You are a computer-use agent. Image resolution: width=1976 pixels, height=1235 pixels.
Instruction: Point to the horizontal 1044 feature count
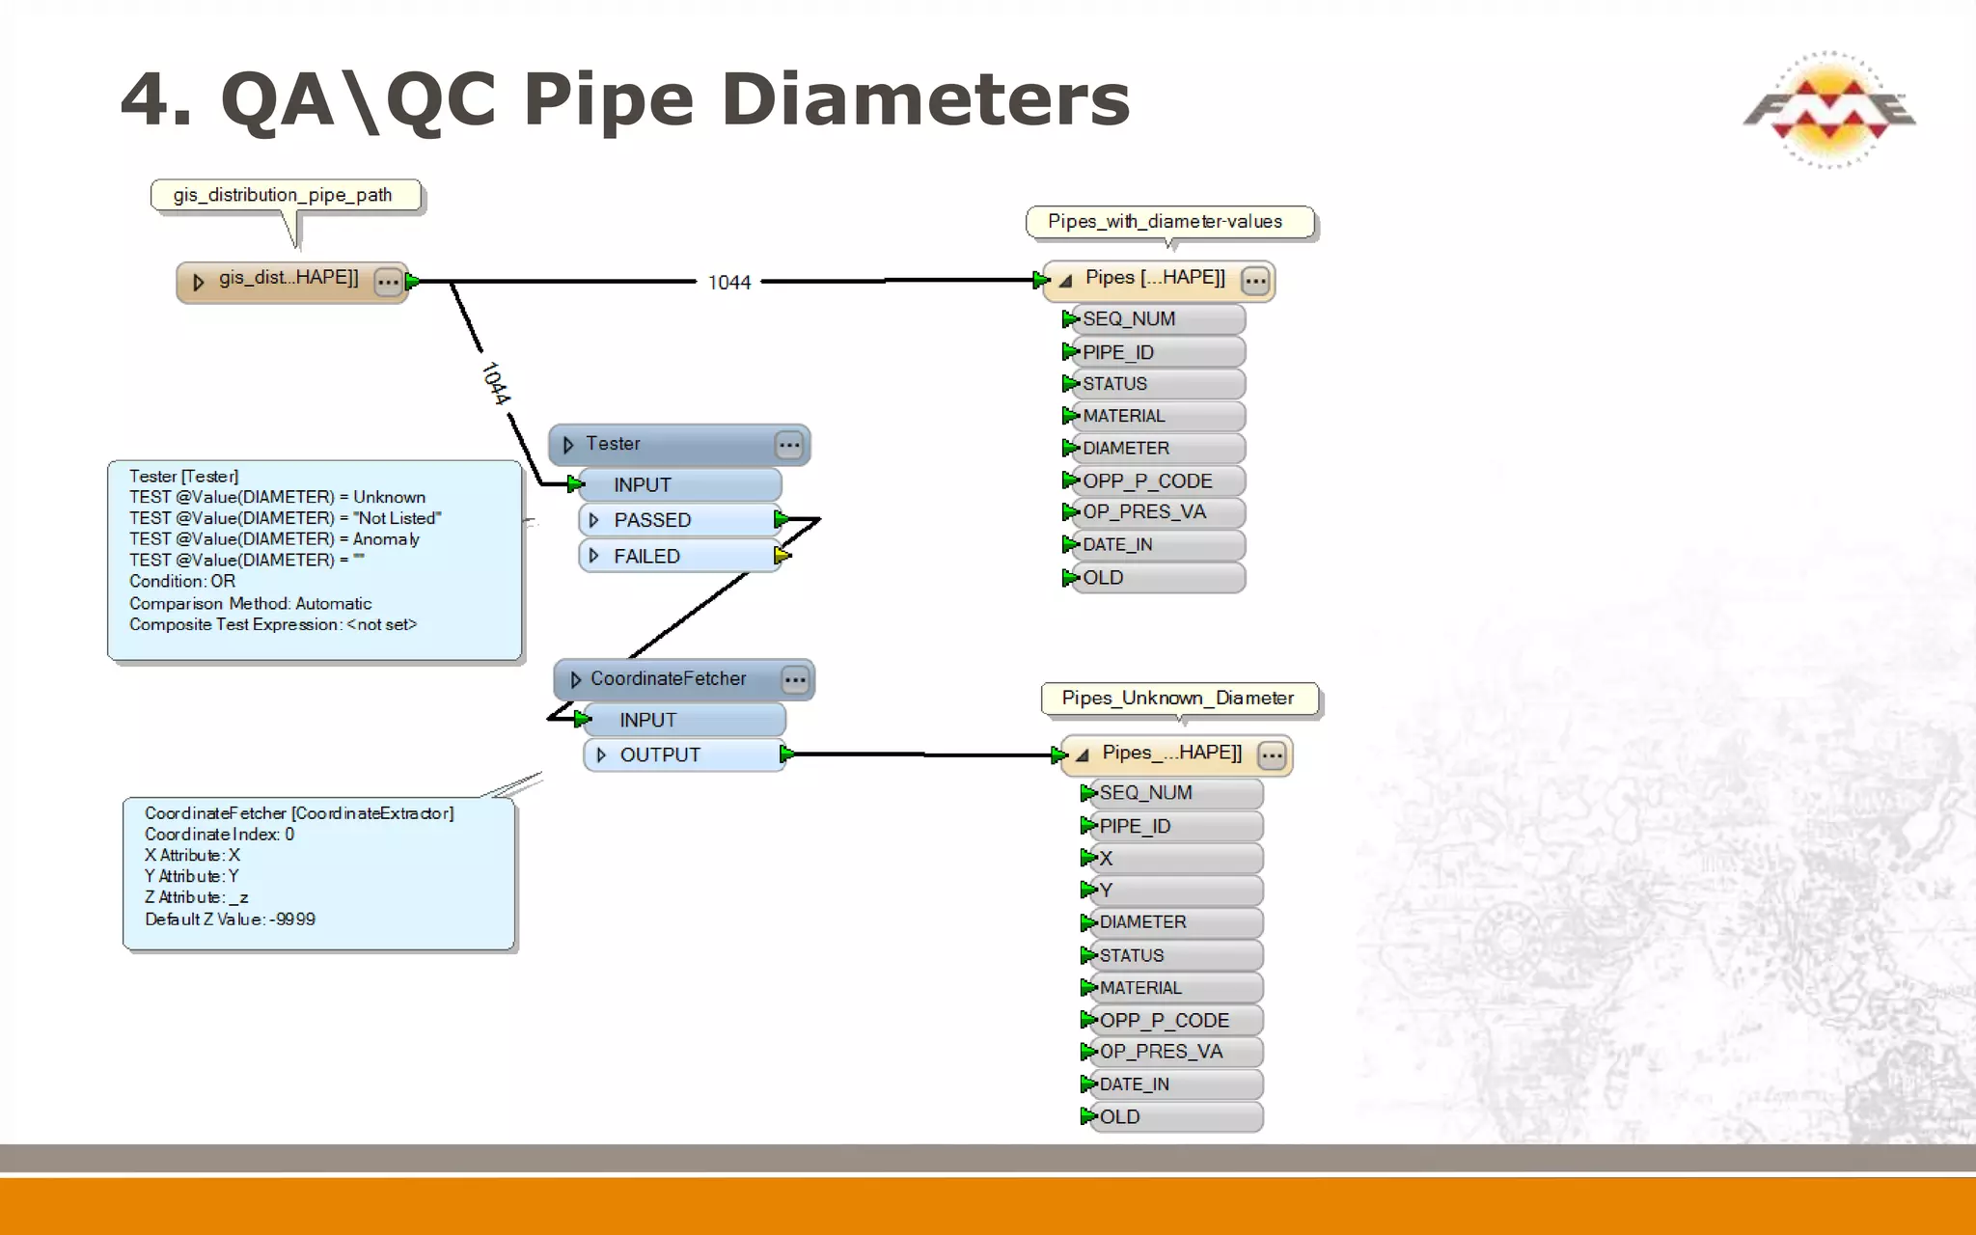click(x=728, y=283)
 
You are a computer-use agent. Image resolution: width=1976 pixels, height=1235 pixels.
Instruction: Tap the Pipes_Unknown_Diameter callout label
click(x=1178, y=699)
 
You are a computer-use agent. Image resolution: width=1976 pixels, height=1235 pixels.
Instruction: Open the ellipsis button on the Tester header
click(x=789, y=445)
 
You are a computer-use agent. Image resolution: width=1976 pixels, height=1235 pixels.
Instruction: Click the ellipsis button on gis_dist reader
click(x=388, y=283)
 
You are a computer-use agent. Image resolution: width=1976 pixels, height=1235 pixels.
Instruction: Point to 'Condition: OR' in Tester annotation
click(x=182, y=582)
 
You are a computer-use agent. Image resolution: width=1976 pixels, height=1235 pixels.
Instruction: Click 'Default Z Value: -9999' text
click(x=230, y=919)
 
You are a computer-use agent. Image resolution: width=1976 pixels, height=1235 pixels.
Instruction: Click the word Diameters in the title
click(x=924, y=99)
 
